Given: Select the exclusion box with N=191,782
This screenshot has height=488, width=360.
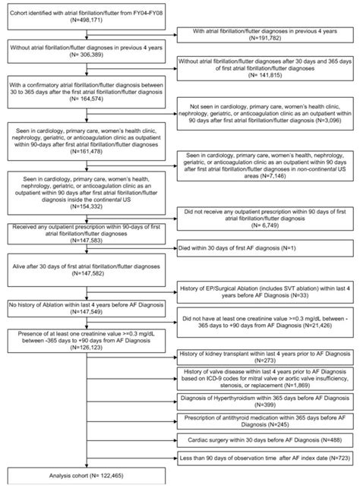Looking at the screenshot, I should coord(266,33).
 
